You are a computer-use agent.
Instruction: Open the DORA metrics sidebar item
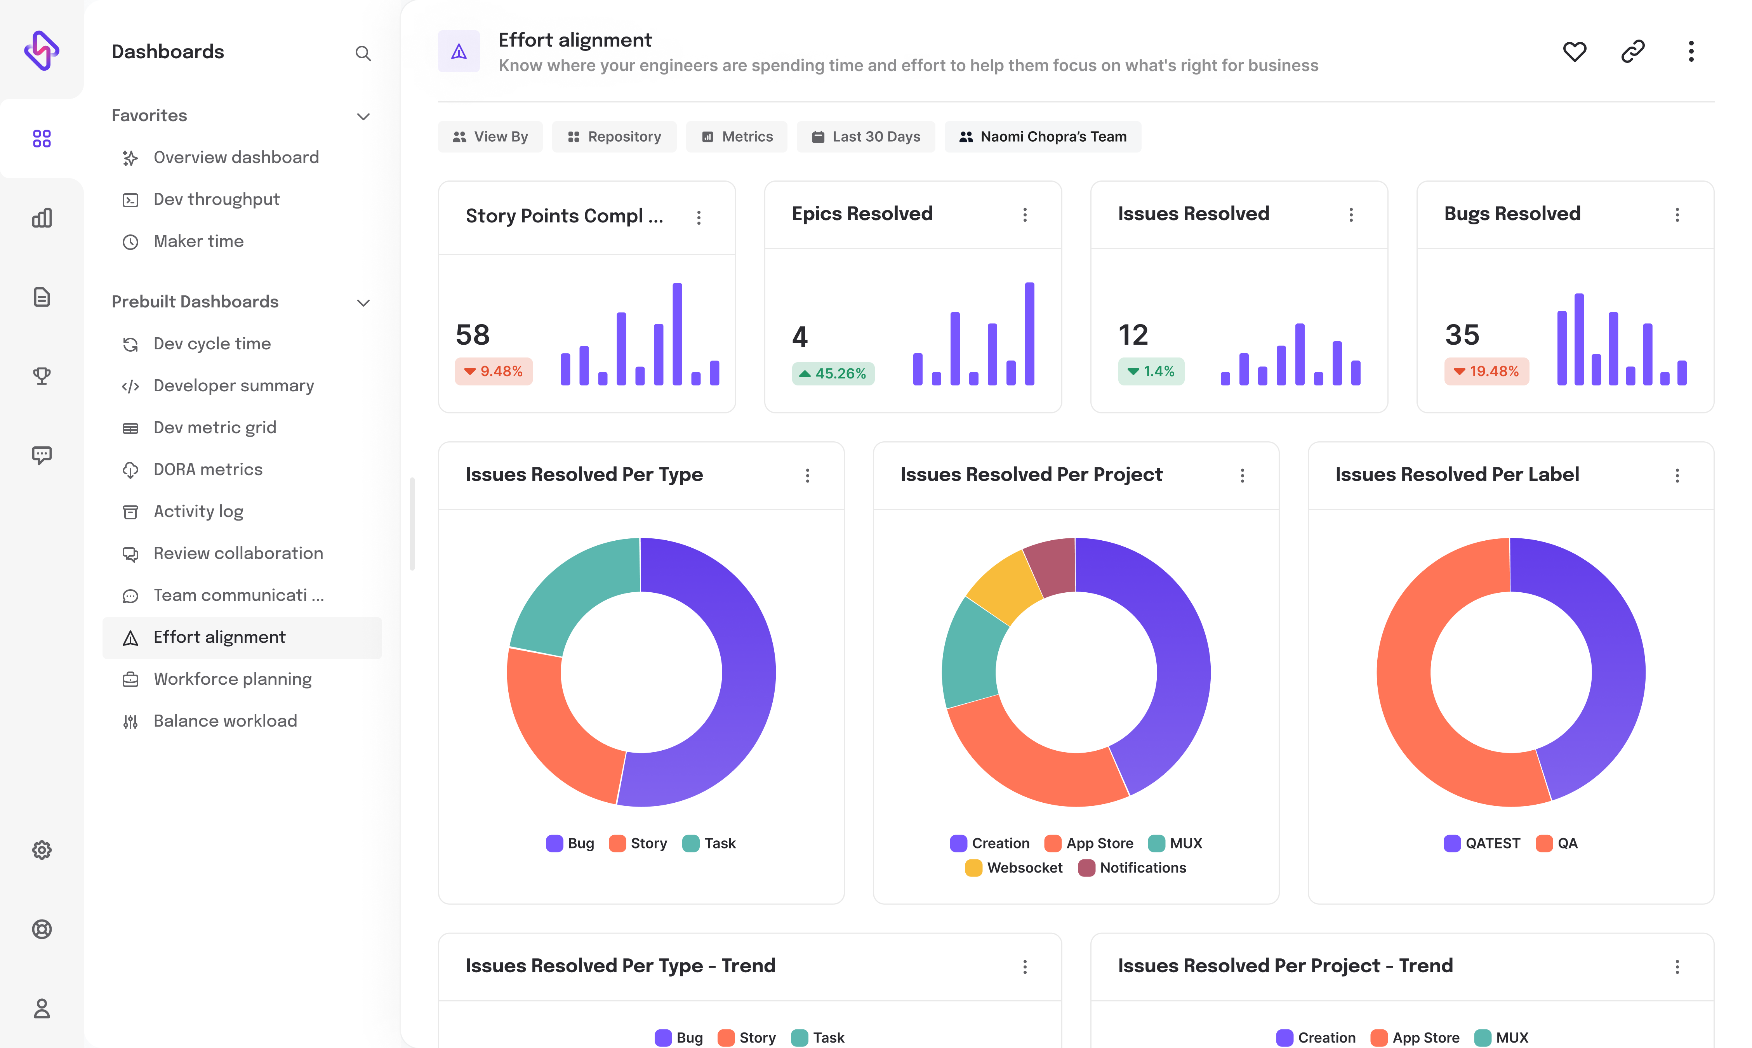(208, 470)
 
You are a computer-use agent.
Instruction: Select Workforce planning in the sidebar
(233, 678)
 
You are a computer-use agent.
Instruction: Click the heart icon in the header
(1574, 52)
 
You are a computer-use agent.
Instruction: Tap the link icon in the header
(1633, 52)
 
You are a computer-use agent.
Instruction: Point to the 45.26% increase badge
(833, 373)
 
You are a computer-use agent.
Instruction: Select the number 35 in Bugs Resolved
(1462, 335)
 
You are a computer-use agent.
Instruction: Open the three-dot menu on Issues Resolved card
(1351, 215)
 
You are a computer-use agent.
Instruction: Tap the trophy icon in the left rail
(42, 376)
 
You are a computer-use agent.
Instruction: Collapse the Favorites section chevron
(363, 116)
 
